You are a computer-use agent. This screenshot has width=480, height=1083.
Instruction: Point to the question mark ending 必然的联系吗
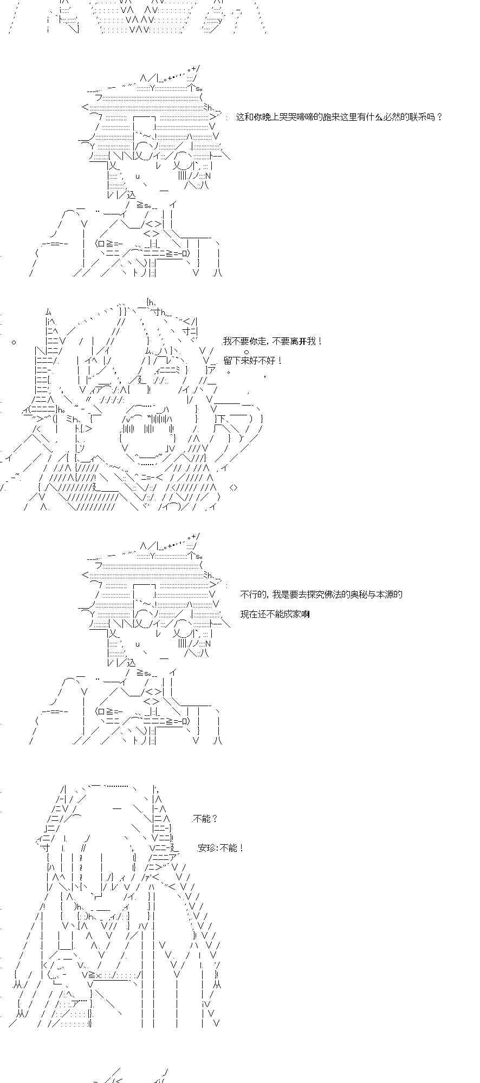439,117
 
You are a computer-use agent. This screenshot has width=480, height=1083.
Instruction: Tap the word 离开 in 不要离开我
299,341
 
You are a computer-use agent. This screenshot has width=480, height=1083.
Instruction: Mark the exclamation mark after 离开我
320,341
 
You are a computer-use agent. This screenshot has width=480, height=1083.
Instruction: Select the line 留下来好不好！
252,360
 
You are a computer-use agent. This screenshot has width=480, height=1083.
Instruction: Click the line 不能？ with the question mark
205,818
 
